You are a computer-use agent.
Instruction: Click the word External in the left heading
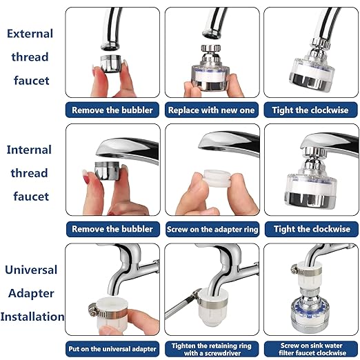(x=30, y=34)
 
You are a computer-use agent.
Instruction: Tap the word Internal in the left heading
(x=30, y=149)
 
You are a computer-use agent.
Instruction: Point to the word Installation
(x=32, y=317)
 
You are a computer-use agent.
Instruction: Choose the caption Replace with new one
(x=212, y=110)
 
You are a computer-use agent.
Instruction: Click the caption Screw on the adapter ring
(x=212, y=229)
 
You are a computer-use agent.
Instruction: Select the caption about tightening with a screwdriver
(x=212, y=348)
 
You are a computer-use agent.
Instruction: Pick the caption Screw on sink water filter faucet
(x=310, y=348)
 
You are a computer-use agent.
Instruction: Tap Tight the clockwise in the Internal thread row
(x=310, y=229)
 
